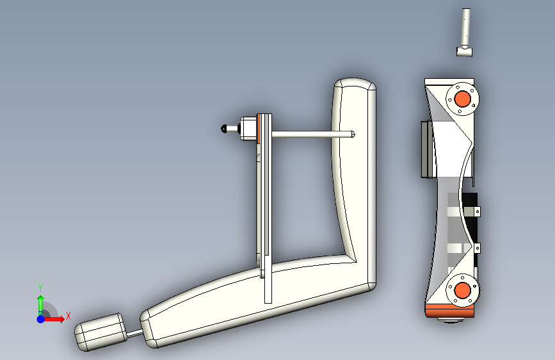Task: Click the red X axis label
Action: (x=68, y=315)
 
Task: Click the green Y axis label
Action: (x=40, y=288)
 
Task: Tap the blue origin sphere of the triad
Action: (x=40, y=318)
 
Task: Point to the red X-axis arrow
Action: (x=57, y=318)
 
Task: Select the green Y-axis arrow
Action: (x=40, y=302)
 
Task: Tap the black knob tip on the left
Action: (x=223, y=129)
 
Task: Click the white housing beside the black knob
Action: (x=247, y=129)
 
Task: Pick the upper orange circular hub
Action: (x=462, y=99)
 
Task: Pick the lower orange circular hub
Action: (x=462, y=291)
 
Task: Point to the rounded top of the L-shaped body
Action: (x=353, y=85)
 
